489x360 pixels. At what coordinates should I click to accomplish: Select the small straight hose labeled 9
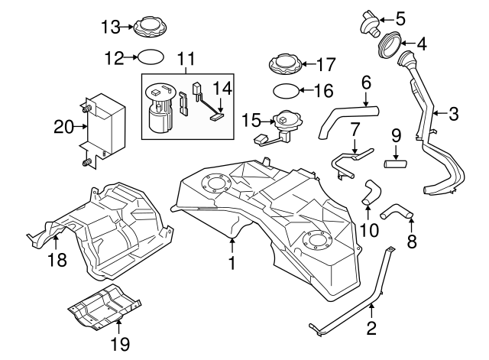pos(397,161)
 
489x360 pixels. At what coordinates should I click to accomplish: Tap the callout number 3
pos(453,115)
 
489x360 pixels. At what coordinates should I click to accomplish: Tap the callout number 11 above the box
pos(186,58)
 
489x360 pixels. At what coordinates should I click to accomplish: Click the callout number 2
pos(372,329)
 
